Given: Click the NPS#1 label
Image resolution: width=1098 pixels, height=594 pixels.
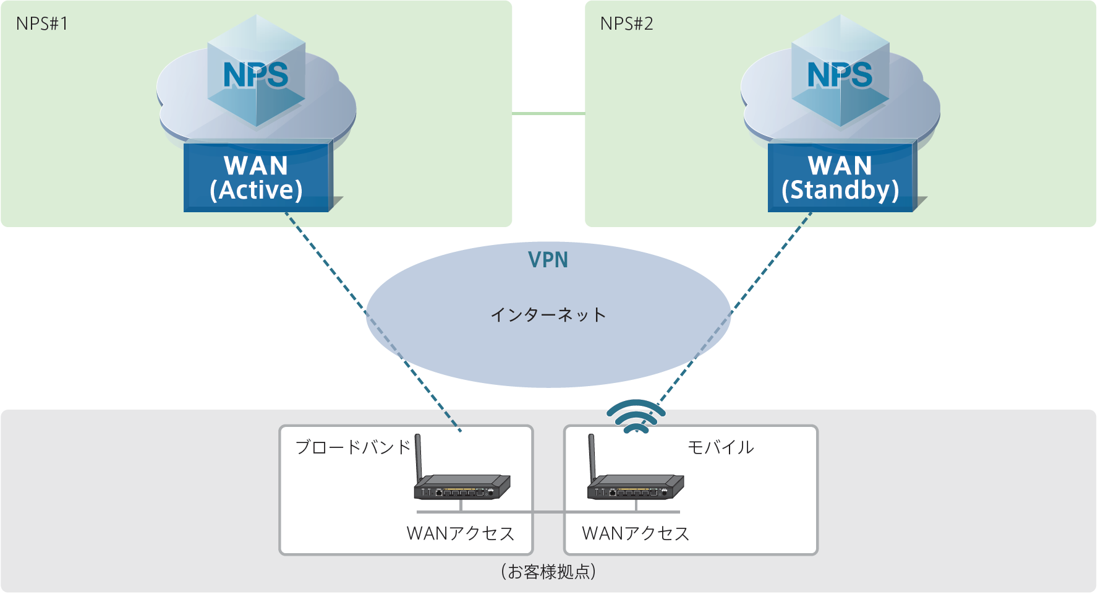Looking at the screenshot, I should [42, 24].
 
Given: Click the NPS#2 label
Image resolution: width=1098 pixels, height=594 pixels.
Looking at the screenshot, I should [626, 24].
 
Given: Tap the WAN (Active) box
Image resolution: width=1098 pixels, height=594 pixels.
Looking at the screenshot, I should [257, 178].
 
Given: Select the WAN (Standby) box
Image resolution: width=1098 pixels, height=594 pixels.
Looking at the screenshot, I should [840, 178].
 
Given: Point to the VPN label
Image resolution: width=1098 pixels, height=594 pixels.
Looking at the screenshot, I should [548, 260].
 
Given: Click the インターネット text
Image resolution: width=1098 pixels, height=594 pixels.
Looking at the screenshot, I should [548, 315].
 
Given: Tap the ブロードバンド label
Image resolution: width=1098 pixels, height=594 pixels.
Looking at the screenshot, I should [353, 447].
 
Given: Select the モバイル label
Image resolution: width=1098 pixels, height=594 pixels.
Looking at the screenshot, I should [721, 447].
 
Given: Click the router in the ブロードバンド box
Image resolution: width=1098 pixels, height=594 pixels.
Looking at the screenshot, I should [462, 486].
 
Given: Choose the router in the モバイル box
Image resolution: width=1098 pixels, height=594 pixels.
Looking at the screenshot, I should [636, 486].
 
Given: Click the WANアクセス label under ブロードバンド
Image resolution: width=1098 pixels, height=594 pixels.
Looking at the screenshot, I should [461, 533].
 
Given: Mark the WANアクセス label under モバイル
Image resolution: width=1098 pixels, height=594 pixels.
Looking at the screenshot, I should [636, 533].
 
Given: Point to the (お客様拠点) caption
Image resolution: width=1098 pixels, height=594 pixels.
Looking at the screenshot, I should [548, 571].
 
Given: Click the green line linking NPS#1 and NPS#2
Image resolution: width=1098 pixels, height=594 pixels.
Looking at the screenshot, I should [548, 114].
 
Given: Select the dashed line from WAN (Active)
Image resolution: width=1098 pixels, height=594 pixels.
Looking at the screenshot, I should [328, 266].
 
